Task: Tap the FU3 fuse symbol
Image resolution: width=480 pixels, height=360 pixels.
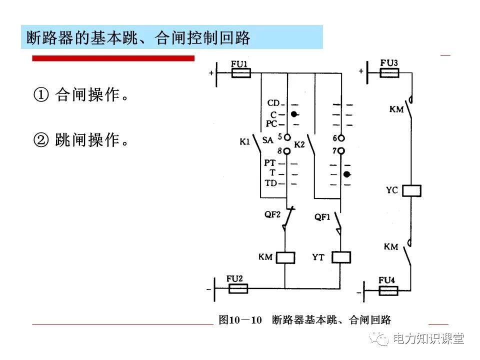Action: pos(389,73)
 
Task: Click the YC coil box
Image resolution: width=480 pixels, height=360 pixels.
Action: pos(411,190)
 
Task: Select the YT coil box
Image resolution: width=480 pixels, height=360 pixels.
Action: pos(341,257)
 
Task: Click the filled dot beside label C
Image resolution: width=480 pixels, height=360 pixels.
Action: pos(294,114)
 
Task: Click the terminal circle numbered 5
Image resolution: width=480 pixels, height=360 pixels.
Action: pos(287,137)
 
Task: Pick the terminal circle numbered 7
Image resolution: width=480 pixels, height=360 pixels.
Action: pos(341,150)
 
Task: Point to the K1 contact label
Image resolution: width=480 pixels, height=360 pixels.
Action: pos(244,141)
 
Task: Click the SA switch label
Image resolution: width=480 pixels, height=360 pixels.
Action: pos(267,140)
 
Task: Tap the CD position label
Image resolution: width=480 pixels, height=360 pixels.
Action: pos(273,103)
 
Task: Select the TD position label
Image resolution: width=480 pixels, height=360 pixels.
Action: pos(271,183)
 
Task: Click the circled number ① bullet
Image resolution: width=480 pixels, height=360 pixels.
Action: pos(41,95)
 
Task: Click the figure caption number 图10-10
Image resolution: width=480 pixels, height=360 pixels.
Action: pos(240,320)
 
